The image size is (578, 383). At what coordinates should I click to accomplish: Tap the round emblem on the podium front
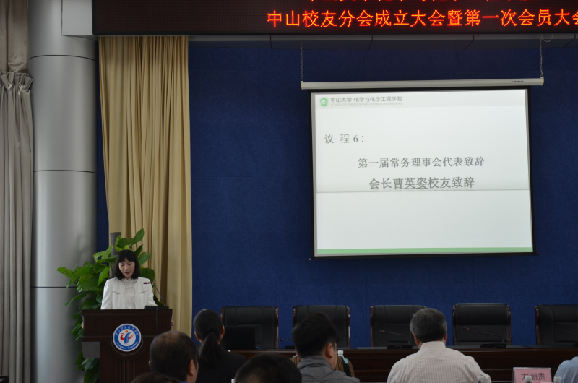(x=126, y=337)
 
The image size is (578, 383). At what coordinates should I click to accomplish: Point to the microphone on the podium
(x=154, y=292)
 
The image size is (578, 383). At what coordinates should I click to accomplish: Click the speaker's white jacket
(x=126, y=294)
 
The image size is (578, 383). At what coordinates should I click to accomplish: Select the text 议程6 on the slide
(x=344, y=139)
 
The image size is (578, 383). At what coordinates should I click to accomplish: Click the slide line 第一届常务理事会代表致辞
(x=420, y=162)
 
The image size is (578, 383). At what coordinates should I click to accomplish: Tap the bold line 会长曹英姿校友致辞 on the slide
(x=421, y=183)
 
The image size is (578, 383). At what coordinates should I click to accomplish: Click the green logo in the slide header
(x=324, y=102)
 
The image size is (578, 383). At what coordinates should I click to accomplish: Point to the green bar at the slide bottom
(x=423, y=251)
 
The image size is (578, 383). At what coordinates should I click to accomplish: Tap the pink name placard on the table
(x=531, y=374)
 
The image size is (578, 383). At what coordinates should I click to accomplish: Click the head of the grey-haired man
(x=428, y=325)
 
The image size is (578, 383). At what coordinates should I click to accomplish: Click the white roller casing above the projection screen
(x=422, y=84)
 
